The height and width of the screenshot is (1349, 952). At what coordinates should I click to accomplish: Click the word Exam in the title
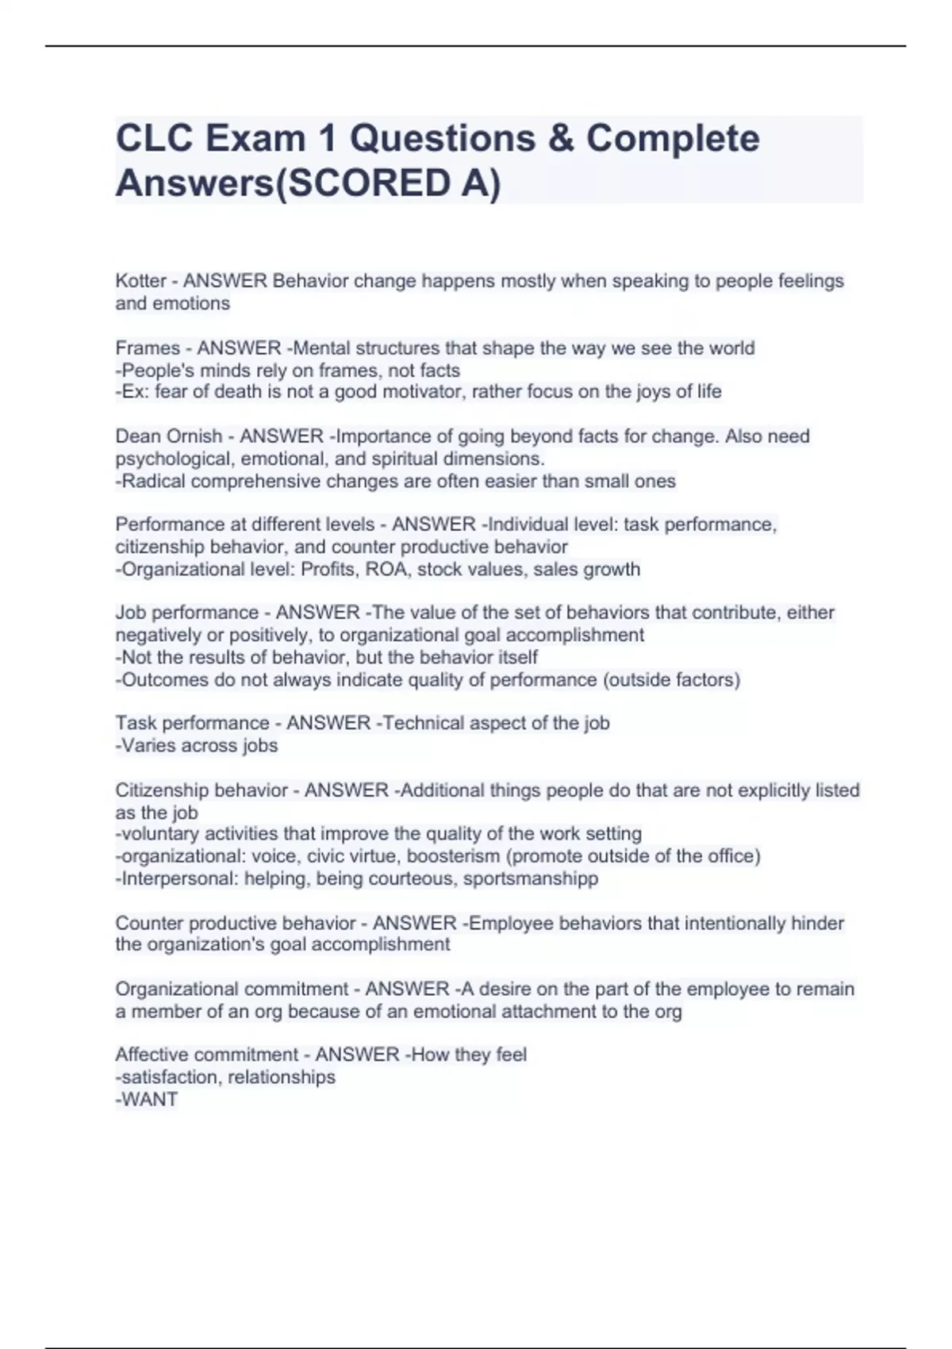coord(256,139)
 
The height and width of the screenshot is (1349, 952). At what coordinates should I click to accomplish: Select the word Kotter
coord(140,281)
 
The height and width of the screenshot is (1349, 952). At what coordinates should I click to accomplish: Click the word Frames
coord(148,348)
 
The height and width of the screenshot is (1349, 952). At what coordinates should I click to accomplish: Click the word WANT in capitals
coord(149,1099)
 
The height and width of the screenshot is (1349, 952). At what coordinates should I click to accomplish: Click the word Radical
coord(154,481)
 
